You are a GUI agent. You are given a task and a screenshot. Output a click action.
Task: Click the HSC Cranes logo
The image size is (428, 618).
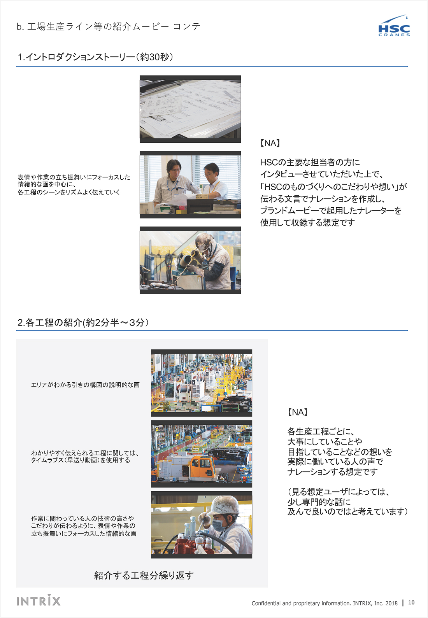pyautogui.click(x=394, y=27)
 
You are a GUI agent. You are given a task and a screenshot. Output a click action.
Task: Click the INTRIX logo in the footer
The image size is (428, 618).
pyautogui.click(x=39, y=600)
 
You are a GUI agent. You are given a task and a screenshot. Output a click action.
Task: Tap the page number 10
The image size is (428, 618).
pyautogui.click(x=411, y=602)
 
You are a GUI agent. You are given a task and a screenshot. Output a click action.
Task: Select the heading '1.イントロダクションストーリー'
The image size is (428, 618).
pyautogui.click(x=95, y=57)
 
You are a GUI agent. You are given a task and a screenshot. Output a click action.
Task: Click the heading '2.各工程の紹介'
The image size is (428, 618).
pyautogui.click(x=83, y=322)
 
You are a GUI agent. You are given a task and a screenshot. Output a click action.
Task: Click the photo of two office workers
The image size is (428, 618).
pyautogui.click(x=190, y=184)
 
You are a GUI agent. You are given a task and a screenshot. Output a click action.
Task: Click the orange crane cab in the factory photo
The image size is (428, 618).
pyautogui.click(x=203, y=466)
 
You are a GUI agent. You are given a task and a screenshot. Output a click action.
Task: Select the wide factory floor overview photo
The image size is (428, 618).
pyautogui.click(x=201, y=383)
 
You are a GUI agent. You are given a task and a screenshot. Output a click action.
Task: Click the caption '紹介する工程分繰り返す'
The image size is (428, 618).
pyautogui.click(x=144, y=575)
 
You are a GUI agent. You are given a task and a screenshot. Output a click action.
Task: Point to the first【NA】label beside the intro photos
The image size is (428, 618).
pyautogui.click(x=270, y=143)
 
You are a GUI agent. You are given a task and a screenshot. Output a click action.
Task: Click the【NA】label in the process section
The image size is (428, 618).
pyautogui.click(x=297, y=412)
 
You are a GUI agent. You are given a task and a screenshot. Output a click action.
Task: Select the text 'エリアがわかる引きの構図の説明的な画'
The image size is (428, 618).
pyautogui.click(x=85, y=385)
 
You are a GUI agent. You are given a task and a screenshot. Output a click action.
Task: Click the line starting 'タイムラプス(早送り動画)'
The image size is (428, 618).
pyautogui.click(x=81, y=460)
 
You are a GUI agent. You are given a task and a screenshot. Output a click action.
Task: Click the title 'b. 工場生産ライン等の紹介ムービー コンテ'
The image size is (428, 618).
pyautogui.click(x=108, y=26)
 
